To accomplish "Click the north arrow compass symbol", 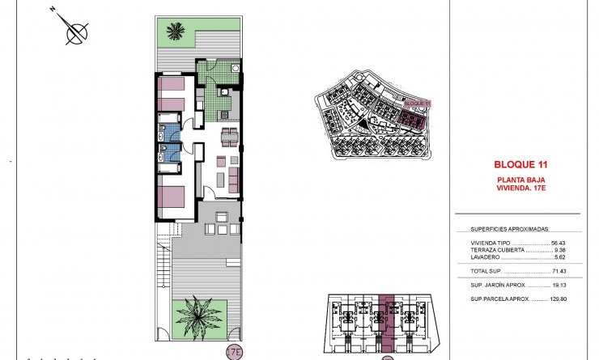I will pyautogui.click(x=77, y=32).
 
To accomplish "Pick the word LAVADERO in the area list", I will pyautogui.click(x=486, y=258).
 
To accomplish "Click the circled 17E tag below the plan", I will pyautogui.click(x=234, y=353).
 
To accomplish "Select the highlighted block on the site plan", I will pyautogui.click(x=414, y=121).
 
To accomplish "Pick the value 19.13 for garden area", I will pyautogui.click(x=561, y=286).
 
